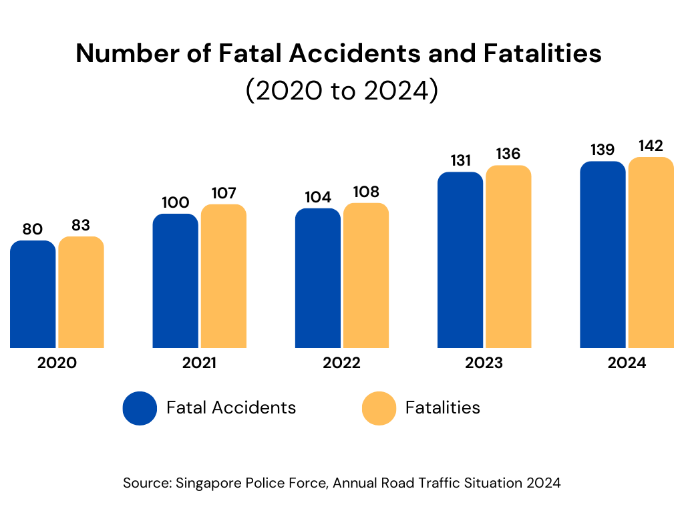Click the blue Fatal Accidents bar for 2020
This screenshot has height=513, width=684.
point(33,294)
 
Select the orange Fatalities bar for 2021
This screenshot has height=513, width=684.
point(224,276)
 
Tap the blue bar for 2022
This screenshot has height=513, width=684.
point(318,278)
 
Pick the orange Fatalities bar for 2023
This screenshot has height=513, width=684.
point(508,256)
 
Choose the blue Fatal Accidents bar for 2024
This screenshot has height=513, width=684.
point(603,254)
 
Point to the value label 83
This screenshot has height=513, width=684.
point(81,226)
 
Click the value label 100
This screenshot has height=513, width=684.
point(175,202)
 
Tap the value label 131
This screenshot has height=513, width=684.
point(460,161)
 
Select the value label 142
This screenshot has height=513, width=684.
point(651,146)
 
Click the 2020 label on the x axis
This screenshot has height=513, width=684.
point(57,363)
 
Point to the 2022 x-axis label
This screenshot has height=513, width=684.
point(341,363)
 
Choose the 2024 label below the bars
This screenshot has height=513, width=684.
point(627,363)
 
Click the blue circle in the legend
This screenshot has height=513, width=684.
point(140,407)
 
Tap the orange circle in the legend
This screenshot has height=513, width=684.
point(379,407)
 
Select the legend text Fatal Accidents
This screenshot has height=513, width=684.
point(231,407)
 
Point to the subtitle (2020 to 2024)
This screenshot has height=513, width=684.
point(341,91)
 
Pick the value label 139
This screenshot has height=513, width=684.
point(603,150)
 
